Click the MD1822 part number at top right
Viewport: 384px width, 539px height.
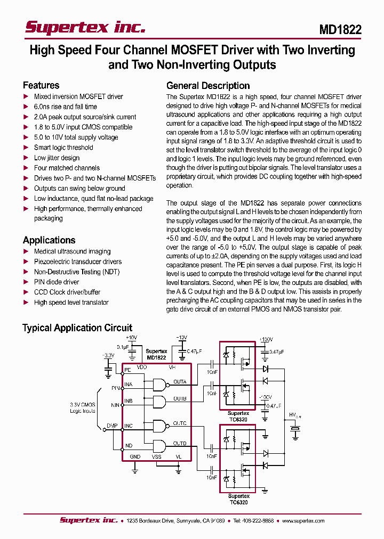point(340,30)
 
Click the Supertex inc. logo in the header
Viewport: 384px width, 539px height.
point(85,28)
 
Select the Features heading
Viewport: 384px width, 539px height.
point(41,85)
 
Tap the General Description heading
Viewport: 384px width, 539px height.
point(208,86)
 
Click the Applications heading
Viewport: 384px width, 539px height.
point(49,240)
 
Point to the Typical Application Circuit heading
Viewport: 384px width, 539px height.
point(77,328)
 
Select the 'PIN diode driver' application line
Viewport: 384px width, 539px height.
point(57,282)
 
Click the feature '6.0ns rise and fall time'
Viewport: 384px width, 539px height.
point(66,107)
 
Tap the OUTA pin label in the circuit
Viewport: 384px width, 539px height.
point(180,382)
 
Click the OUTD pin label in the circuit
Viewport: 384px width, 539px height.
point(180,443)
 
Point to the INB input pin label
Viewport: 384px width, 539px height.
point(128,401)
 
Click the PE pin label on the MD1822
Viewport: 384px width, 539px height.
point(127,370)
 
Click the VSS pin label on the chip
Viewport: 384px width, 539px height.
point(156,457)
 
